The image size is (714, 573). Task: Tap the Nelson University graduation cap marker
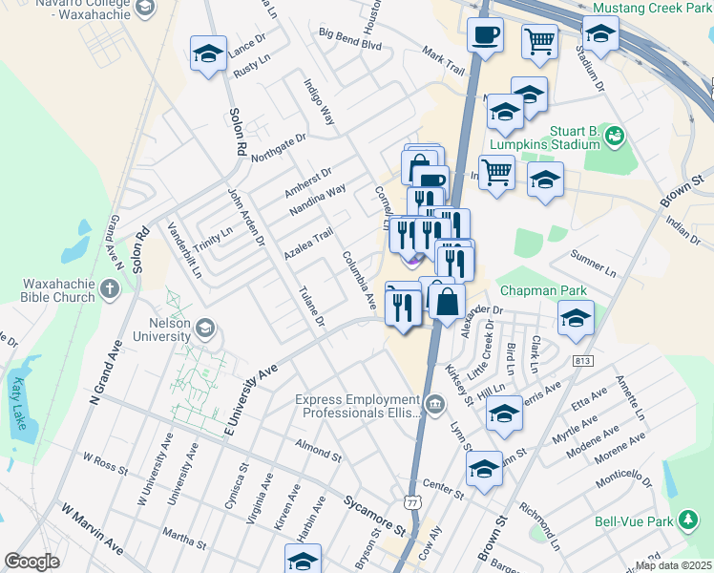pyautogui.click(x=203, y=329)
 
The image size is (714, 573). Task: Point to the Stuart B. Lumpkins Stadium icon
pyautogui.click(x=615, y=137)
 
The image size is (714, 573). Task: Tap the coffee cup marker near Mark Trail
pyautogui.click(x=485, y=37)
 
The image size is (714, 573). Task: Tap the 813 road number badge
pyautogui.click(x=582, y=361)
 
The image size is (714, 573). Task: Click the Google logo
pyautogui.click(x=31, y=561)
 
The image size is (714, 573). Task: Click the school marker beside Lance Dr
pyautogui.click(x=207, y=54)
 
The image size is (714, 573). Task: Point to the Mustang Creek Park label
pyautogui.click(x=651, y=8)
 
